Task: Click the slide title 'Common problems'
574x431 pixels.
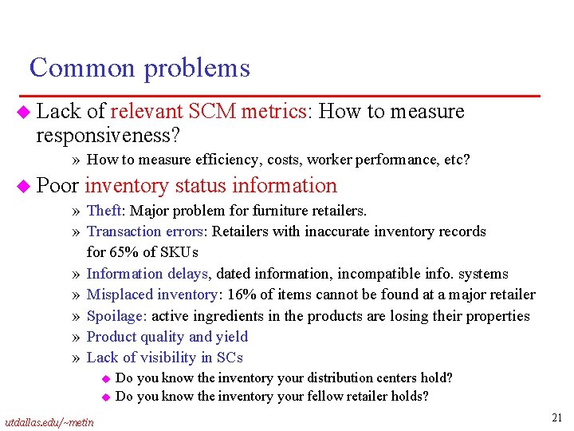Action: tap(140, 68)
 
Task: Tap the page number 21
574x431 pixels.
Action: tap(557, 417)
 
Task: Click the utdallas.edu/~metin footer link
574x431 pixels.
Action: tap(49, 421)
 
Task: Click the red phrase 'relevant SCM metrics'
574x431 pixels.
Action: tap(209, 112)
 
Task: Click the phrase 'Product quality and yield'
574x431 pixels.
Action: tap(167, 336)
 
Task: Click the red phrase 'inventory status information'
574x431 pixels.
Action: tap(211, 185)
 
